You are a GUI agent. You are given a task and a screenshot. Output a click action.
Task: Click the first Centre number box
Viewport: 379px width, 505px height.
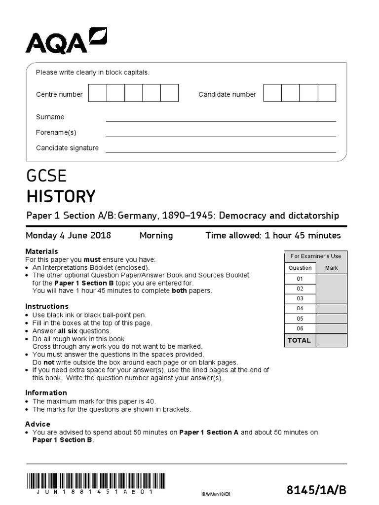click(x=97, y=93)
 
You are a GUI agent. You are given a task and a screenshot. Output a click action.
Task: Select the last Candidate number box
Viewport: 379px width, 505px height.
click(x=327, y=93)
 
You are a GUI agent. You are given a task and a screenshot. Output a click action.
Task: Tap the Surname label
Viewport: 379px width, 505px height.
click(x=50, y=117)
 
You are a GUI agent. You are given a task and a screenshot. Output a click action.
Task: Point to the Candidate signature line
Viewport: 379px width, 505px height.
click(x=221, y=152)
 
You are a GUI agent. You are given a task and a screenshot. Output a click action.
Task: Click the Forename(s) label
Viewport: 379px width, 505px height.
click(x=56, y=132)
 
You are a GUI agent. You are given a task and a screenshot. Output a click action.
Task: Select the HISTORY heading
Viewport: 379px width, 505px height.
click(x=61, y=196)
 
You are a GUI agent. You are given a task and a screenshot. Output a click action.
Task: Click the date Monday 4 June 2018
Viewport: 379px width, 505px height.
click(x=68, y=235)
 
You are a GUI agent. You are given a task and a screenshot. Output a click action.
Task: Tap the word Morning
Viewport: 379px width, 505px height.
click(x=156, y=235)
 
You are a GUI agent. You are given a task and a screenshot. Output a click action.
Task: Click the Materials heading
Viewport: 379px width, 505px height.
click(x=41, y=252)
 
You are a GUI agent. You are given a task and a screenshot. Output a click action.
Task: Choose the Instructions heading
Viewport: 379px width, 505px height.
click(x=47, y=306)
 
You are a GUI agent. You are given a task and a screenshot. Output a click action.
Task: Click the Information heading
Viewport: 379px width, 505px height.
click(x=46, y=393)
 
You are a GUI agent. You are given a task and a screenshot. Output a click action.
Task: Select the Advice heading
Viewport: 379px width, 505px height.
click(x=38, y=424)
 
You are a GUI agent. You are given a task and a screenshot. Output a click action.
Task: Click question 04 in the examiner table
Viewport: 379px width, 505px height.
click(x=300, y=308)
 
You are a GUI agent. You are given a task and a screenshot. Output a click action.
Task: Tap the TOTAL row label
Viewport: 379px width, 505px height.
click(x=300, y=340)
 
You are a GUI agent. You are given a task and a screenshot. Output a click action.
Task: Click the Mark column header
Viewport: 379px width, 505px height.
click(x=332, y=268)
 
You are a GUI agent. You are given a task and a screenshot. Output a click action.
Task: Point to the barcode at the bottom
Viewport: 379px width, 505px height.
click(x=95, y=480)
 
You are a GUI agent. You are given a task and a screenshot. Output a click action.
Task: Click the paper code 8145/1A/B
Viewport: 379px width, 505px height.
click(x=316, y=490)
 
